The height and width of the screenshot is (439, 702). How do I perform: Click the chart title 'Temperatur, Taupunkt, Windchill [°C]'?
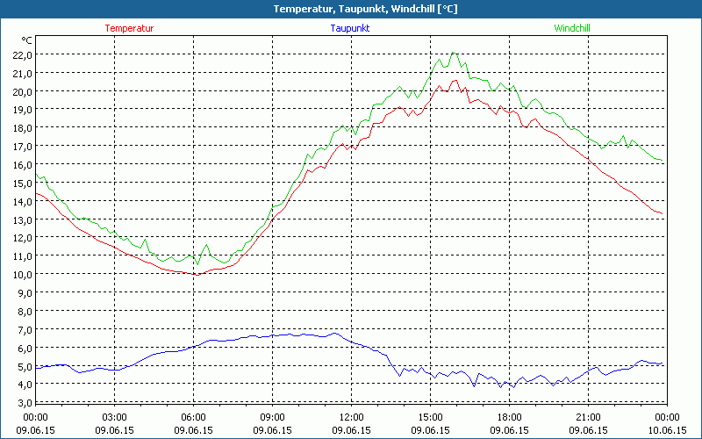(x=351, y=9)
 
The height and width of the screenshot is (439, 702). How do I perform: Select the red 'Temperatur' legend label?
(x=129, y=28)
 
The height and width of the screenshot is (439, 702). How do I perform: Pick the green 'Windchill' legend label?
(x=572, y=28)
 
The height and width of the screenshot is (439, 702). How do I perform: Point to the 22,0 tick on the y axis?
(x=22, y=54)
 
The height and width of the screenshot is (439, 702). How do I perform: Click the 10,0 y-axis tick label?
(x=22, y=274)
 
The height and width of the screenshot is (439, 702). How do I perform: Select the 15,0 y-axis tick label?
(x=22, y=183)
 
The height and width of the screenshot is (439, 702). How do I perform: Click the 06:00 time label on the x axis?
(x=193, y=417)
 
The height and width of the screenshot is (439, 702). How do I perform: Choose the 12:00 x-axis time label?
(x=351, y=417)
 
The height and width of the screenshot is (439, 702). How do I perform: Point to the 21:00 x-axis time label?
(x=588, y=417)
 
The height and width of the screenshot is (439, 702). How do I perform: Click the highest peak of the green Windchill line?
(x=454, y=53)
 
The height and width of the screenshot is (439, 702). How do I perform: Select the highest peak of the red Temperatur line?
(x=455, y=80)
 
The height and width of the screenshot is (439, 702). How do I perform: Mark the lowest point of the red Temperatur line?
(x=197, y=275)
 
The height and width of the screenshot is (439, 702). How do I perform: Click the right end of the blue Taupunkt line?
(x=663, y=364)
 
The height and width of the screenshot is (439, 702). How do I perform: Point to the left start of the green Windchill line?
(x=36, y=176)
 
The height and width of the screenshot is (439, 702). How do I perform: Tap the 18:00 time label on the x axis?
(x=509, y=417)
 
